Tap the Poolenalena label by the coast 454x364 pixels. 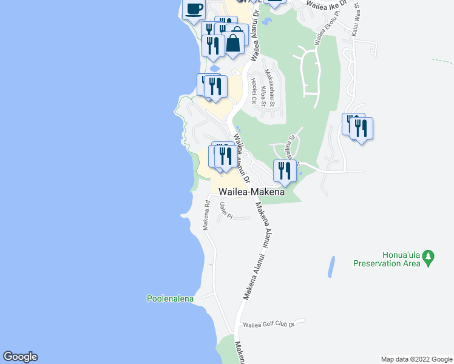170,298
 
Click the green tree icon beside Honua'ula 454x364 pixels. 429,257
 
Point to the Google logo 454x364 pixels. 20,357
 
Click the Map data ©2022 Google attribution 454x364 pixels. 416,359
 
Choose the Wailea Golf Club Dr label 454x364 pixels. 268,325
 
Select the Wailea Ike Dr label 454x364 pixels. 327,5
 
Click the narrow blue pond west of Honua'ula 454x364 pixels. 331,266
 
